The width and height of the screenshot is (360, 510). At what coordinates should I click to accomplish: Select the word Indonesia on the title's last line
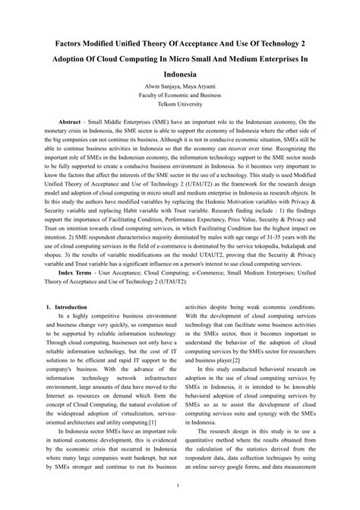coord(180,76)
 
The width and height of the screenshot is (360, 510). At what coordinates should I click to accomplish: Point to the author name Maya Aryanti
coord(200,89)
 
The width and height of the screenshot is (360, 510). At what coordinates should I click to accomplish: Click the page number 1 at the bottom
coord(180,484)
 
